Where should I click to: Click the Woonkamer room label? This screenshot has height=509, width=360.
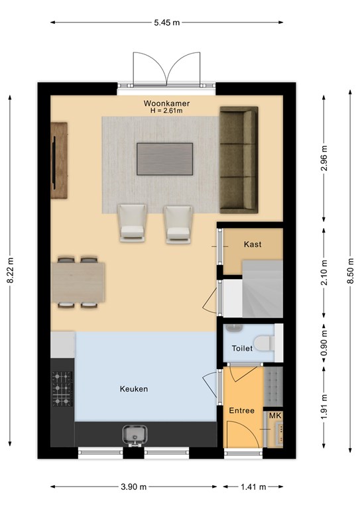(166, 103)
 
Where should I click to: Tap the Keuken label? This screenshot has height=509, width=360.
(134, 389)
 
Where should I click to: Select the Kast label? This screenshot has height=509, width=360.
(253, 244)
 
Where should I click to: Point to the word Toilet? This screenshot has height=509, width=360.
(242, 349)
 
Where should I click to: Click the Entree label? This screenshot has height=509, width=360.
(242, 411)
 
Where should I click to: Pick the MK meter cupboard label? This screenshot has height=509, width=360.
(275, 416)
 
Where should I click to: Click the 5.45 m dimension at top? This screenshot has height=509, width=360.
(167, 23)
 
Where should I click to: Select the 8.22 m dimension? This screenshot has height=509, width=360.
(11, 270)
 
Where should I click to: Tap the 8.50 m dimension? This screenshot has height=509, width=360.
(350, 270)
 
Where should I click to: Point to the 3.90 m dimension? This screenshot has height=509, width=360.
(134, 486)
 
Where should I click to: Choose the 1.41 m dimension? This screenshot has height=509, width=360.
(253, 486)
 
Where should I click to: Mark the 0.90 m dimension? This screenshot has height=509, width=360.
(324, 343)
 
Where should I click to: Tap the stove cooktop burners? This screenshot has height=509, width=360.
(62, 388)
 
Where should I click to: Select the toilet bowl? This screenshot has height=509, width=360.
(263, 343)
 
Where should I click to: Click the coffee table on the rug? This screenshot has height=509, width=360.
(164, 159)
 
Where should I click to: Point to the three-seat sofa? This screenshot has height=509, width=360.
(239, 160)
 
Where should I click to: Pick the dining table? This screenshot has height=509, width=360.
(78, 282)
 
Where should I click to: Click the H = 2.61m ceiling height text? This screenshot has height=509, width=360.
(166, 111)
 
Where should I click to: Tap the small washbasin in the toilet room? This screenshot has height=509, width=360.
(234, 328)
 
